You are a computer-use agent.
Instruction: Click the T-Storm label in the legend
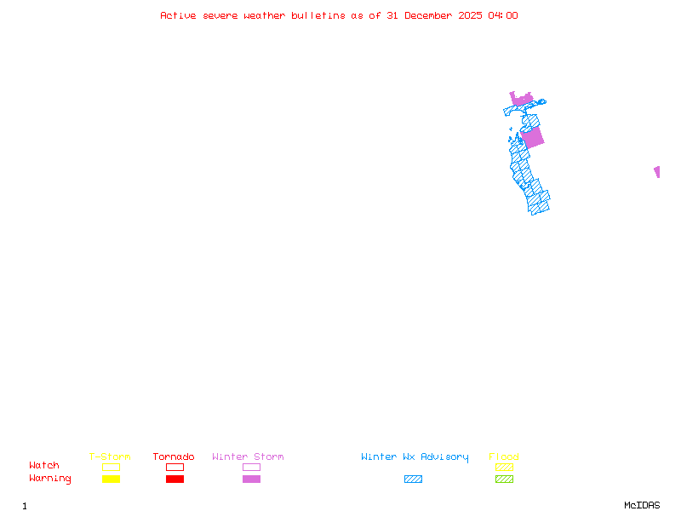pos(110,457)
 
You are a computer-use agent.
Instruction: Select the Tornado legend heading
pos(174,457)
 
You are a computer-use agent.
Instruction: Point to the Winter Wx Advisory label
pos(415,457)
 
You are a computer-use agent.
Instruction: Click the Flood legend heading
pos(504,457)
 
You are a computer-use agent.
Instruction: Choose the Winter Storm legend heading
pos(248,457)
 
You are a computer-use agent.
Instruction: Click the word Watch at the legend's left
pos(44,466)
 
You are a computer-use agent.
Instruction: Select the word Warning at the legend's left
pos(50,479)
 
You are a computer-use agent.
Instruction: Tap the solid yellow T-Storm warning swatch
pos(111,479)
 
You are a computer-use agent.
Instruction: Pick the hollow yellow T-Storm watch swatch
pos(111,467)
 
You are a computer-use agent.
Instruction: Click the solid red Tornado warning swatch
pos(175,479)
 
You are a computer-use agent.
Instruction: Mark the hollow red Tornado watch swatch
pos(175,467)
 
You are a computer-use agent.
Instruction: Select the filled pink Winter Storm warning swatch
pos(251,479)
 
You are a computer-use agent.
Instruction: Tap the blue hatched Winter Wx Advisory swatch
pos(413,479)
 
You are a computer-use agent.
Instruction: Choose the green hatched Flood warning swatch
pos(504,479)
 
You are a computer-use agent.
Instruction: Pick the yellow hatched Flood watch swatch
pos(504,467)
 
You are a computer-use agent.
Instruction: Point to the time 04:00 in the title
pos(502,15)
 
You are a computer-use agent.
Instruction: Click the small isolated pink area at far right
pos(656,171)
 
